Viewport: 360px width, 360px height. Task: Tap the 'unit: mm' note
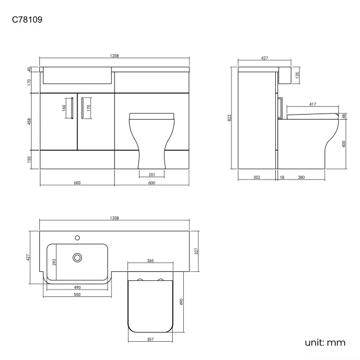pyautogui.click(x=325, y=343)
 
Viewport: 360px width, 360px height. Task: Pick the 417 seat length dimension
pyautogui.click(x=312, y=104)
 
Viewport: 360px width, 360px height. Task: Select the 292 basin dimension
pyautogui.click(x=54, y=262)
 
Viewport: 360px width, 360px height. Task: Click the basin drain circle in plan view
pyautogui.click(x=78, y=257)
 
